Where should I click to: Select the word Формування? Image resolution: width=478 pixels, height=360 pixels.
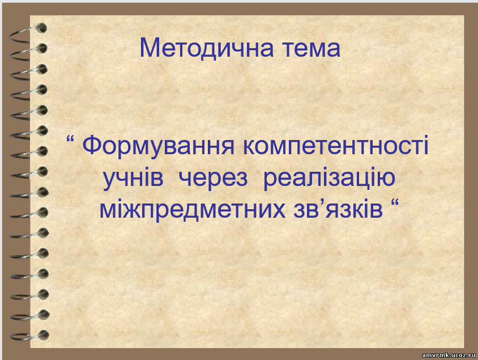159,146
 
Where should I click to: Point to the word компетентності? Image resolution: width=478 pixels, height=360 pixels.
336,146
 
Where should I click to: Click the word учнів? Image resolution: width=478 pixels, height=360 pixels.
133,178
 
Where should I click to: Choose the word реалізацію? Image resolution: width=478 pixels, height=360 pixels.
329,178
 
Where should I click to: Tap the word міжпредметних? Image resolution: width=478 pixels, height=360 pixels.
193,209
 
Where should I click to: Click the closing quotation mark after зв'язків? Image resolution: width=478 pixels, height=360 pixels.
395,202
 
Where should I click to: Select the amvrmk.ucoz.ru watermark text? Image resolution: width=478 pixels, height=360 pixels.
449,355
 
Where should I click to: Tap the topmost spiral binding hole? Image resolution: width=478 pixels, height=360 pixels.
42,28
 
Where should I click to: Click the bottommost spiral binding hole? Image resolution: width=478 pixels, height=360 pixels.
44,334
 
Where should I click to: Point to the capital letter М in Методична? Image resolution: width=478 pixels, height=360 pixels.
150,48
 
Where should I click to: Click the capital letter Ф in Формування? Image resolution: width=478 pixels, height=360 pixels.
92,146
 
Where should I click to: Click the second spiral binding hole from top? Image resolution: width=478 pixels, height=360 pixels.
42,48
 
